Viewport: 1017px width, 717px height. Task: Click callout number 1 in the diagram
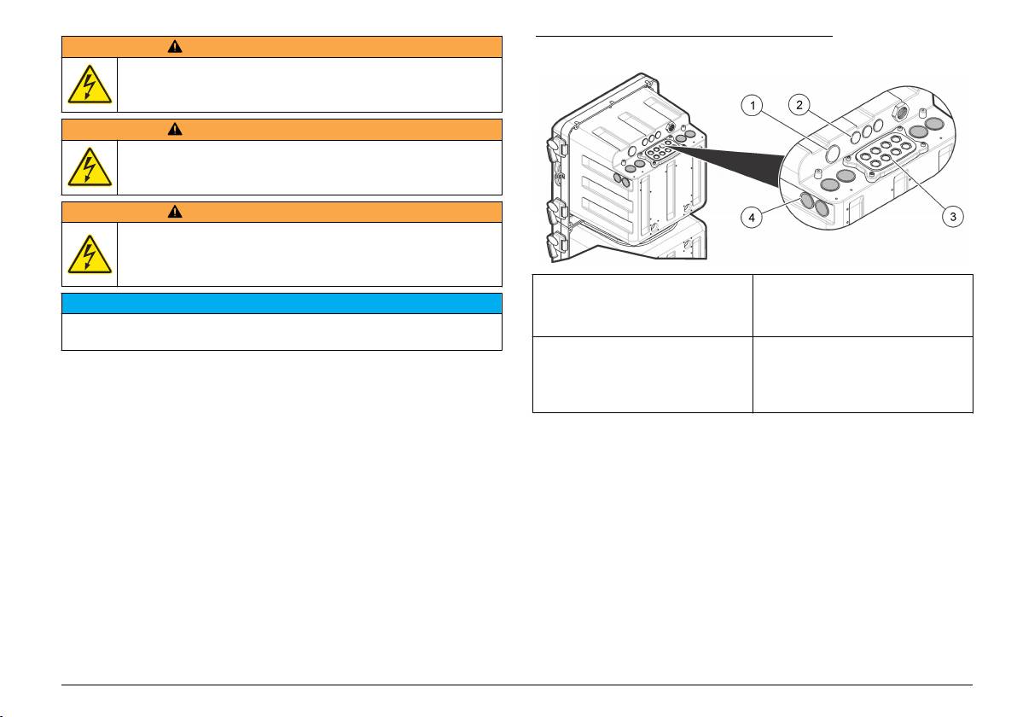(753, 105)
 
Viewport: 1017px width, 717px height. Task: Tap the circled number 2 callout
(799, 104)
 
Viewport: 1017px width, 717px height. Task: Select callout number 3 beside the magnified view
(953, 217)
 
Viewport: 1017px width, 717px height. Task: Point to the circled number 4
(752, 218)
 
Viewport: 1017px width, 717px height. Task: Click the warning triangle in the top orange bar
(174, 47)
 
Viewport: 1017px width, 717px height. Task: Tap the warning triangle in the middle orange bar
(174, 129)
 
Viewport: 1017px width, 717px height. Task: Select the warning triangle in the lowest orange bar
(174, 212)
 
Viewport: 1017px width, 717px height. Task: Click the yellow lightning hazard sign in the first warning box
(90, 85)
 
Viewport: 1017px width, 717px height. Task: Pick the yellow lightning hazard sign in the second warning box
(90, 166)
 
